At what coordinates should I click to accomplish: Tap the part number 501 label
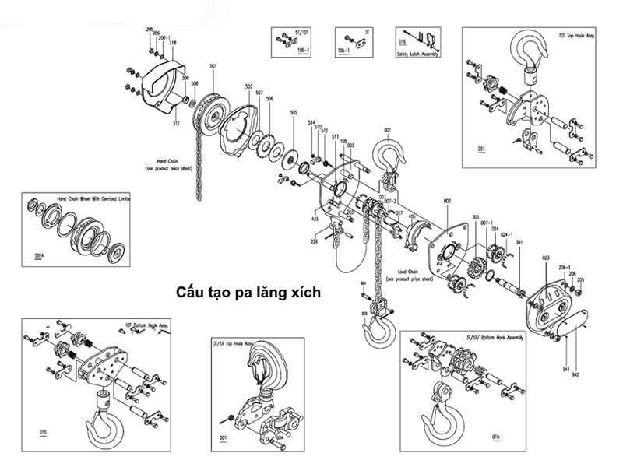pos(213,66)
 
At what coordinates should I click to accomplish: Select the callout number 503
pos(248,86)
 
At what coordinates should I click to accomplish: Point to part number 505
pos(293,113)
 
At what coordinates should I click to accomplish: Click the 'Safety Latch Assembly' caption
pos(418,54)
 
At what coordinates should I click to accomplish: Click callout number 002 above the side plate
pos(447,202)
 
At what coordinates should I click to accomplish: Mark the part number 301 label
pos(519,242)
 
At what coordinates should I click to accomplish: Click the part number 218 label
pos(171,43)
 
